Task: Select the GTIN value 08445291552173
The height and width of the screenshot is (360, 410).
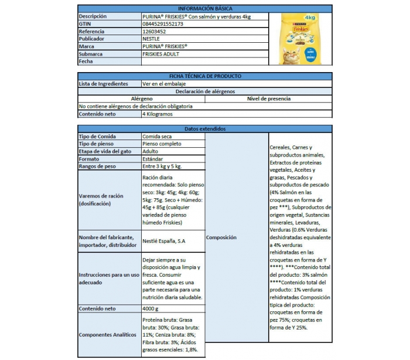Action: coord(163,24)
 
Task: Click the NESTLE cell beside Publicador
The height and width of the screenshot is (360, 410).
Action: coord(151,39)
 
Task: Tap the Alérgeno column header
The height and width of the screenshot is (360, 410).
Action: coord(142,99)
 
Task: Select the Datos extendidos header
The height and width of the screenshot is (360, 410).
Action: coord(204,128)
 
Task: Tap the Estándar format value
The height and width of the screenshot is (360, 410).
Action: coord(153,159)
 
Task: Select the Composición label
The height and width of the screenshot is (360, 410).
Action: coord(221,237)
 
